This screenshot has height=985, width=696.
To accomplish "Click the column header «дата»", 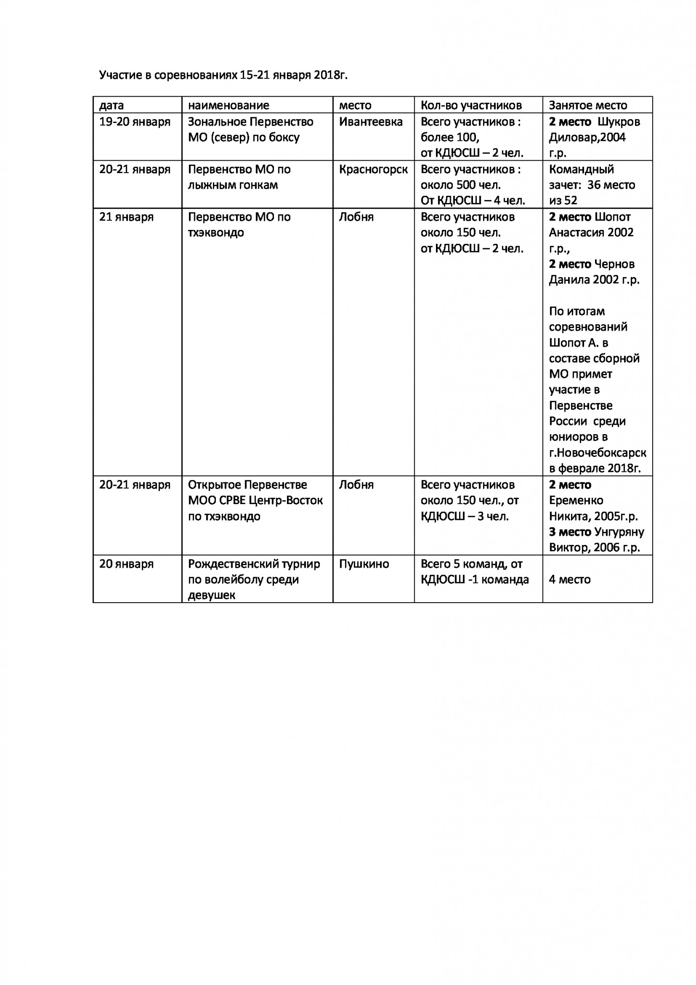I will pyautogui.click(x=112, y=105).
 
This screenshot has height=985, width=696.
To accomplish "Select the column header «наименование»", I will pyautogui.click(x=228, y=105).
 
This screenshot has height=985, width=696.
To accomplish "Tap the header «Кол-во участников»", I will pyautogui.click(x=471, y=105).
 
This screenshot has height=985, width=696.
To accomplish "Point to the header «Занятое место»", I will pyautogui.click(x=588, y=105).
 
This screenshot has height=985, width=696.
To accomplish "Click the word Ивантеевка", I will pyautogui.click(x=371, y=122).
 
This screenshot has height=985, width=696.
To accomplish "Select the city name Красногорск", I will pyautogui.click(x=373, y=169).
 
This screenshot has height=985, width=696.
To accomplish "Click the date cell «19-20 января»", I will pyautogui.click(x=135, y=122).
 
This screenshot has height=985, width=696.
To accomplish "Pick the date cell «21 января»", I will pyautogui.click(x=126, y=217).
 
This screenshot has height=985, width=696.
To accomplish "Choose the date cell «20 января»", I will pyautogui.click(x=126, y=564).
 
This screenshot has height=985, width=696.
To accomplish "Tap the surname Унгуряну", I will pyautogui.click(x=626, y=532).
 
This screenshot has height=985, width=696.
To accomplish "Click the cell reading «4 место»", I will pyautogui.click(x=569, y=580).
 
